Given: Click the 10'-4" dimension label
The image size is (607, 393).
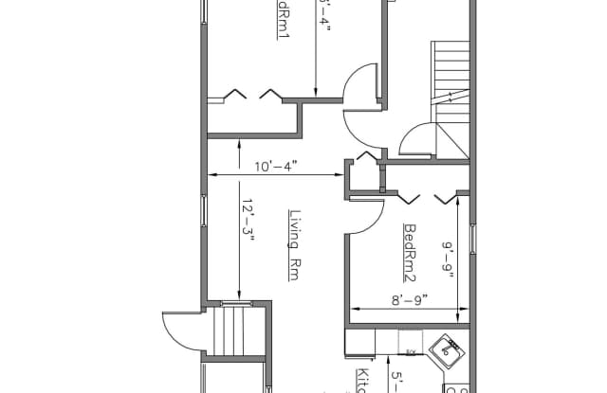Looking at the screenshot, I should point(276,166).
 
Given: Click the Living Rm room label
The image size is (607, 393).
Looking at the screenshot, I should point(294,243).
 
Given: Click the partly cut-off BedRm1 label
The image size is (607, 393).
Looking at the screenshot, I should point(283,19).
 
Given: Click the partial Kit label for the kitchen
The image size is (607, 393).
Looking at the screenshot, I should point(361,382).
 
